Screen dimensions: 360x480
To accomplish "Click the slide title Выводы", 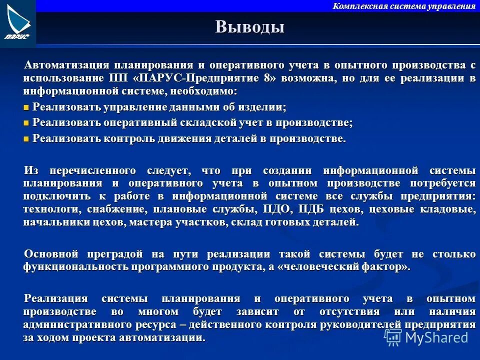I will coord(250,27).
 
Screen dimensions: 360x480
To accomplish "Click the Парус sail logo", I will coord(18,22).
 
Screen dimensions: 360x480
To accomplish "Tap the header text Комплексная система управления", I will coord(403,6).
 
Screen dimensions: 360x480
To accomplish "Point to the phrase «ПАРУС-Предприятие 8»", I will coord(205,78).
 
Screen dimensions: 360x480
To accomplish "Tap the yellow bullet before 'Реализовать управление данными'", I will coord(26,107).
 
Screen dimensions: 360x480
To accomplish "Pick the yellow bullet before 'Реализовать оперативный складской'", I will coord(26,123).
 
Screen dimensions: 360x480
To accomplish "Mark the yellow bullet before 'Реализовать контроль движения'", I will coord(26,139).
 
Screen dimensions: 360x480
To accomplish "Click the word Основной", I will coord(52,254).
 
